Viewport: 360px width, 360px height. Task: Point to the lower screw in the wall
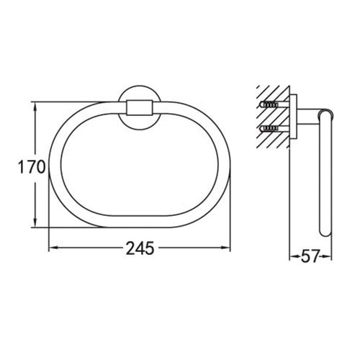[269, 129]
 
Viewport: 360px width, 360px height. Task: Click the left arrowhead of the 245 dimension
[52, 249]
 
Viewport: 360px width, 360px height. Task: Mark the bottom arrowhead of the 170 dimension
[35, 225]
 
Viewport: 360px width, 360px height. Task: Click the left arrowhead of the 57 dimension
[292, 255]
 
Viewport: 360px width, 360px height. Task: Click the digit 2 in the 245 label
[131, 248]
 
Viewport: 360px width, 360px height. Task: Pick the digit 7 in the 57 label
[315, 254]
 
